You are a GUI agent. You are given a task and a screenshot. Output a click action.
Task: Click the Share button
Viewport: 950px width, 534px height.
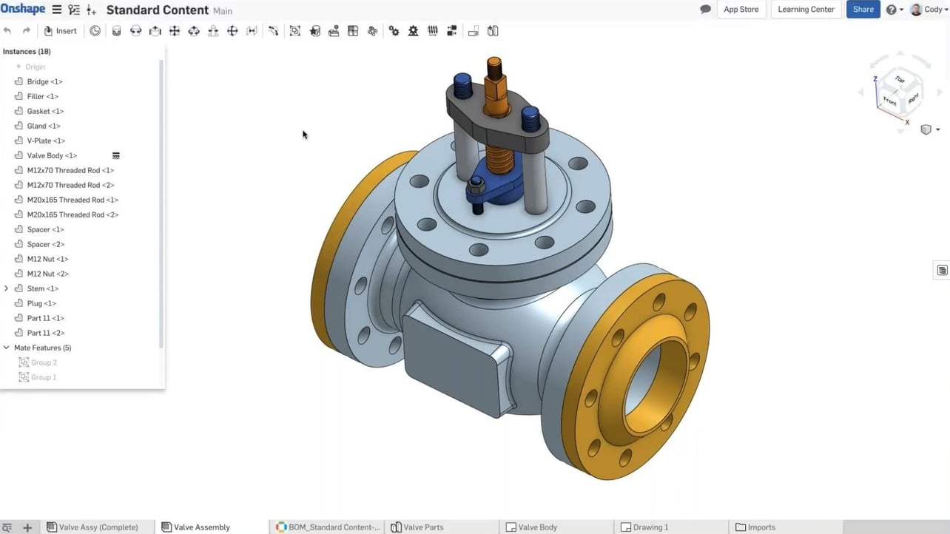(863, 10)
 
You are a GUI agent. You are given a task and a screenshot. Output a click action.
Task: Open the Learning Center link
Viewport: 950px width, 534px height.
(806, 10)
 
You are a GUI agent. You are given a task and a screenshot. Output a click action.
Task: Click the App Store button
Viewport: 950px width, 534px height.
(741, 10)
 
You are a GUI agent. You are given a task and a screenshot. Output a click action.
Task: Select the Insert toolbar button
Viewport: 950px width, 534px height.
(60, 31)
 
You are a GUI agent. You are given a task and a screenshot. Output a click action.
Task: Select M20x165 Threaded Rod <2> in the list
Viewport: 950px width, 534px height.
(73, 214)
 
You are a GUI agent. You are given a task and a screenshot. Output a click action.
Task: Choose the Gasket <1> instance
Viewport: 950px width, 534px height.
(45, 111)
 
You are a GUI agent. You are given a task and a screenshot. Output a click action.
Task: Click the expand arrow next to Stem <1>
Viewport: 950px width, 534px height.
(7, 288)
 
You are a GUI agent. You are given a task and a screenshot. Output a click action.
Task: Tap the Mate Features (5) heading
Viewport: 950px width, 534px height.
(42, 348)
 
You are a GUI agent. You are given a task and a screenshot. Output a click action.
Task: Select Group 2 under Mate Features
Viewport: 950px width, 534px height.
(44, 362)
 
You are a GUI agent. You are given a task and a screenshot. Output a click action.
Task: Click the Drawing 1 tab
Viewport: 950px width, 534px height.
(650, 527)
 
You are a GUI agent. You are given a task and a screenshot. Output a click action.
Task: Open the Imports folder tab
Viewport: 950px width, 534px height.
(761, 527)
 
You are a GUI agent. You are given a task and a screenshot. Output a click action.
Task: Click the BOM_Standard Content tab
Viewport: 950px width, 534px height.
(333, 527)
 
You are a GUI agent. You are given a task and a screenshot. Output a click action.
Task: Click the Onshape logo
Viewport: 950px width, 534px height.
(22, 10)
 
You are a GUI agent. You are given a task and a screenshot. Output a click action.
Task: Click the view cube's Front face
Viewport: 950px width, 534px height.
(889, 102)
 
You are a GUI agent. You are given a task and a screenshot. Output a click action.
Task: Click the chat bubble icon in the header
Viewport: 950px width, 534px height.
(705, 10)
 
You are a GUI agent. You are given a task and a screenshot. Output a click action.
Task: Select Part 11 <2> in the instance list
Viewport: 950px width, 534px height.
(45, 333)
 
